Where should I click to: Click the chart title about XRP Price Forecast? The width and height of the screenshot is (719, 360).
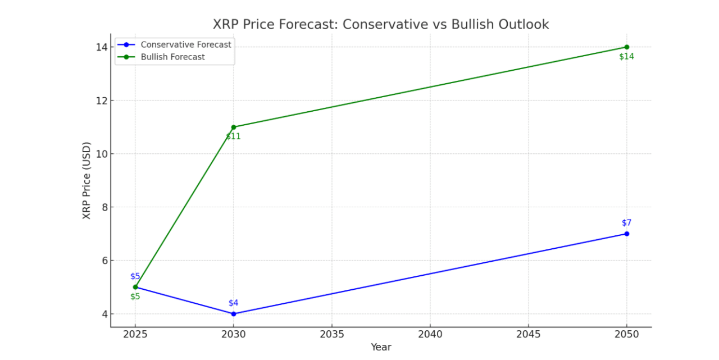380,25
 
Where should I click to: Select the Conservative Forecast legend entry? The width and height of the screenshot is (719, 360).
185,44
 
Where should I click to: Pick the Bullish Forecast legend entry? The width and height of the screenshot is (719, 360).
172,57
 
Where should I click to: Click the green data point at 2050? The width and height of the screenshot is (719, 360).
626,47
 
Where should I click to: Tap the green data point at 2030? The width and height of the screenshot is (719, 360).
234,127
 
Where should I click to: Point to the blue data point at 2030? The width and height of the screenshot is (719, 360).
234,314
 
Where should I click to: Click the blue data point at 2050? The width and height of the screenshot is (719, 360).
626,234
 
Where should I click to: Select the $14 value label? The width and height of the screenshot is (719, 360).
626,57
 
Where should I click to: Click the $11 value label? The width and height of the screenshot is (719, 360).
234,136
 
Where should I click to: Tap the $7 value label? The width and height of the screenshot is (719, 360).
626,223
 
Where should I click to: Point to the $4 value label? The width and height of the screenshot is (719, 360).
234,303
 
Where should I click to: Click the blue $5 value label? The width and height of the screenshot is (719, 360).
135,276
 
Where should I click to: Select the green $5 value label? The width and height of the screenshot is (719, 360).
135,297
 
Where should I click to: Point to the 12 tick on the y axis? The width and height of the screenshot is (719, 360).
101,101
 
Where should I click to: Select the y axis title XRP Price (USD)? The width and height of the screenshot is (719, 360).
87,180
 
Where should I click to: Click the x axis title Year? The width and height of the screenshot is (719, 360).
380,348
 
